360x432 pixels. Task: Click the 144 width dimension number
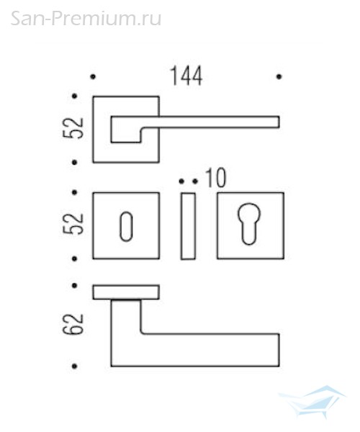click(x=186, y=76)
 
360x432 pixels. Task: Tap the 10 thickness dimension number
click(x=216, y=178)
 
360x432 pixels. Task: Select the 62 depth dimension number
click(x=73, y=324)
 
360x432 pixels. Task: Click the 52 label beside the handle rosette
click(x=73, y=128)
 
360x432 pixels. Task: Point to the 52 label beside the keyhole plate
click(x=73, y=223)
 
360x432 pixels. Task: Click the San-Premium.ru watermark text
click(x=86, y=19)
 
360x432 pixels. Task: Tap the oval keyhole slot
click(x=126, y=227)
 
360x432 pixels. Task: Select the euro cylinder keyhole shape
click(x=249, y=224)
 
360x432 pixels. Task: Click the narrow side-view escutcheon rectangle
click(x=188, y=226)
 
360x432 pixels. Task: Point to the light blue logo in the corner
click(x=312, y=402)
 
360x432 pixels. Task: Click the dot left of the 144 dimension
click(x=93, y=76)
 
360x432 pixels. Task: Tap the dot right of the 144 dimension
click(x=279, y=76)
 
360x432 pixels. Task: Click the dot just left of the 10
click(x=195, y=181)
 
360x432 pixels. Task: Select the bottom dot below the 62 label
click(x=74, y=366)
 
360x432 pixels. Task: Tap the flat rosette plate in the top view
click(x=126, y=292)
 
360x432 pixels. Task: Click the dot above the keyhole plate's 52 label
click(x=74, y=192)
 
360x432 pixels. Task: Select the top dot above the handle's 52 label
click(x=74, y=96)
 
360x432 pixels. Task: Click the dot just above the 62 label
click(x=74, y=286)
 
